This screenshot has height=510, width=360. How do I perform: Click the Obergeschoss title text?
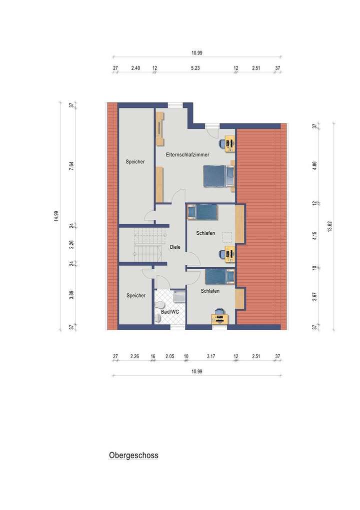point(133,456)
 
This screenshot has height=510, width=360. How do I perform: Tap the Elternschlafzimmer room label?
point(187,155)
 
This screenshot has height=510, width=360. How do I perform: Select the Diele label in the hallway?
point(175,247)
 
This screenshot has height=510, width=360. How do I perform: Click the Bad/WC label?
point(170,312)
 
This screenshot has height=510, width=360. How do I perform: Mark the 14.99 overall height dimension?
point(56,216)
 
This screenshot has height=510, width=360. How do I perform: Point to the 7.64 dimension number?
point(71,166)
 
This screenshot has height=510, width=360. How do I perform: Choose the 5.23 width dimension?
point(195,68)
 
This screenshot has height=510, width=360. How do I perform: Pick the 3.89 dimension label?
point(71,295)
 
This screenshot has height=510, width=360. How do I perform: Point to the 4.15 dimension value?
point(314,235)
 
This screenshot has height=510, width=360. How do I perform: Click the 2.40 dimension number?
point(135,68)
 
